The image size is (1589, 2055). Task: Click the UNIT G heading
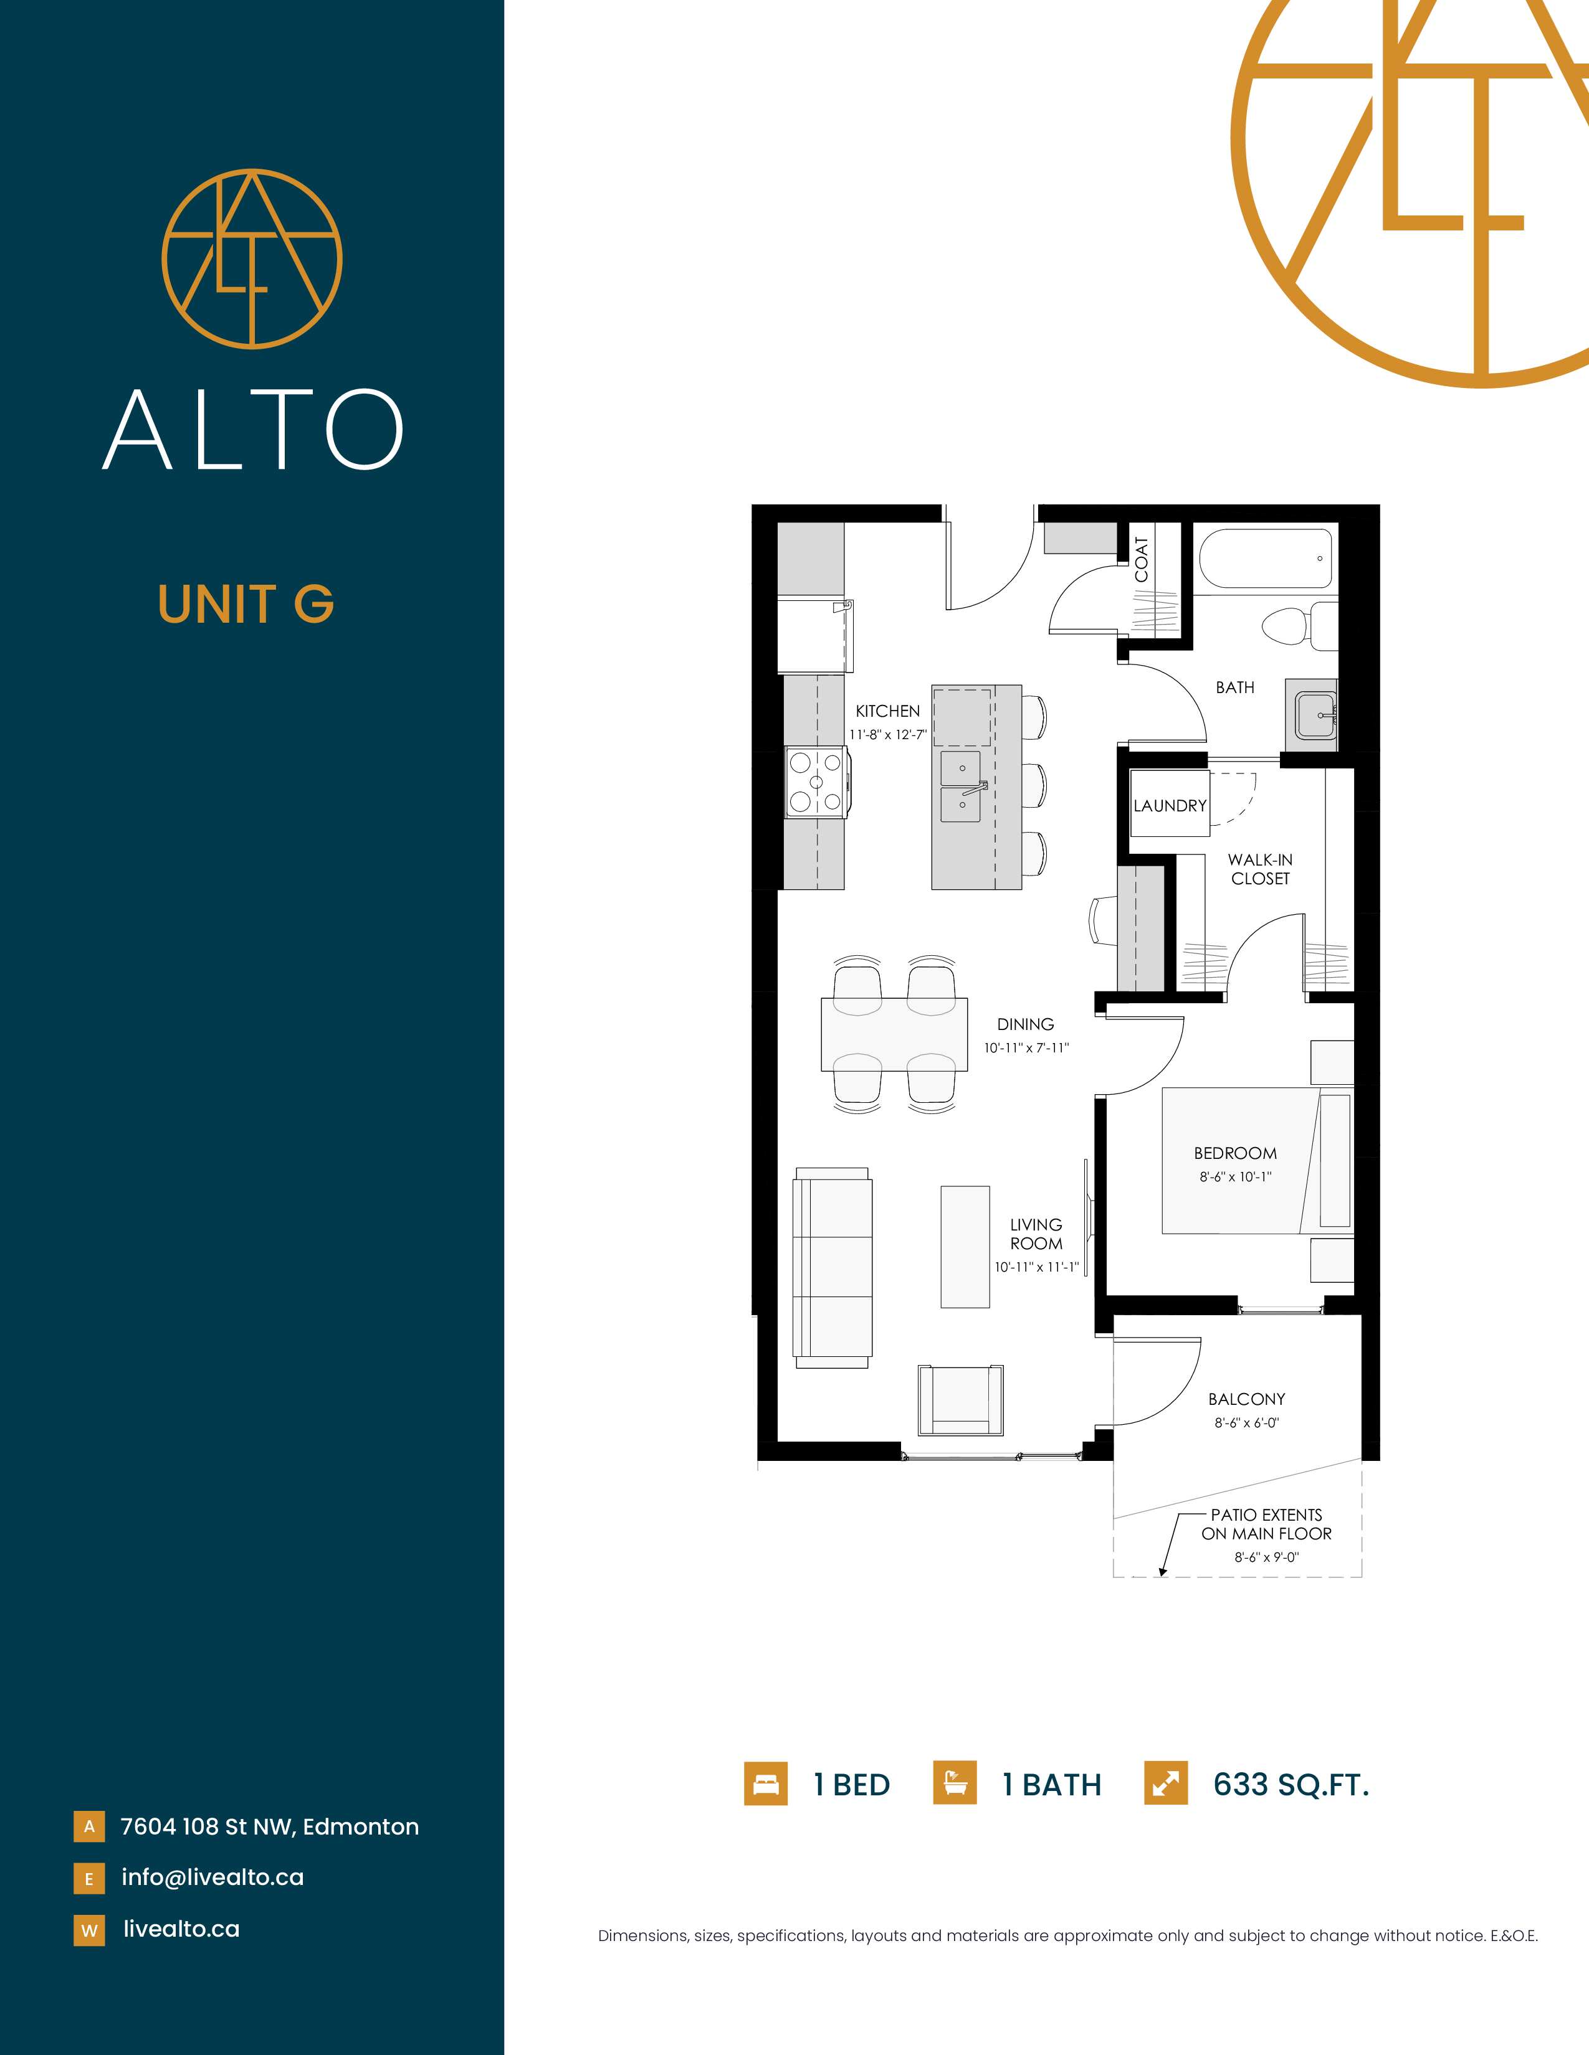[246, 604]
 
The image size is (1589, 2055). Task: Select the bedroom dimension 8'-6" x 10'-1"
[1235, 1176]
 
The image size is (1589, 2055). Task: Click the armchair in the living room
[961, 1399]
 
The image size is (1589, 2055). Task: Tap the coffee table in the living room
[965, 1247]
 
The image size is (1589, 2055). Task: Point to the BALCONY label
[1246, 1399]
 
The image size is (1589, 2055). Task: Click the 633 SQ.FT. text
[1291, 1784]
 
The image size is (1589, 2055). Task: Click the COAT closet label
[1142, 559]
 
